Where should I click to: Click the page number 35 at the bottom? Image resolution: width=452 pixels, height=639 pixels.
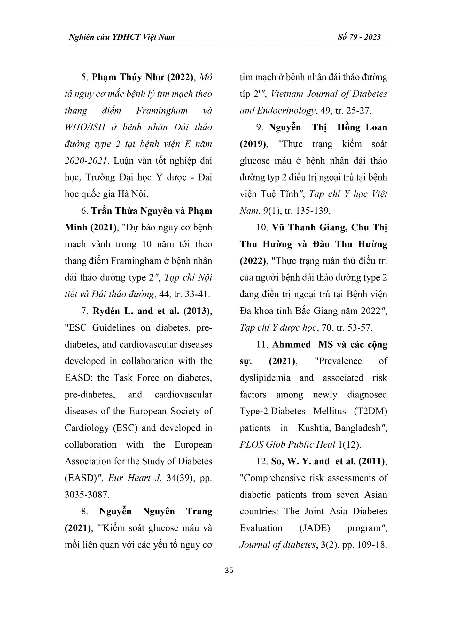229,570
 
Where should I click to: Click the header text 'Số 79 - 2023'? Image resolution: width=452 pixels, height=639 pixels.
359,37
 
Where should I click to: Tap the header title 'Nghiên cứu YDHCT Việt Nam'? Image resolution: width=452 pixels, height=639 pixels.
122,37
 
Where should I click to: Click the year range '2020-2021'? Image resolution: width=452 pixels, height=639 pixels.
85,160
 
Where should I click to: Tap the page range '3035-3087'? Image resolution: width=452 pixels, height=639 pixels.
87,494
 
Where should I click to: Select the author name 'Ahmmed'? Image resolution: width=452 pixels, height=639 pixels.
292,344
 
